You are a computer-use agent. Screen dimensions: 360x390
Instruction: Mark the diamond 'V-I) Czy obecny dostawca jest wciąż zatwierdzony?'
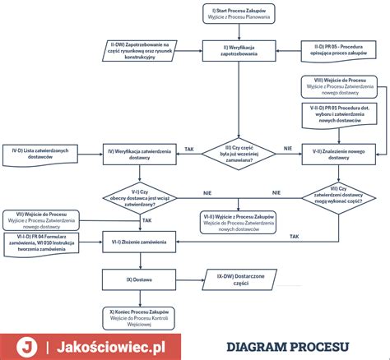[139, 197]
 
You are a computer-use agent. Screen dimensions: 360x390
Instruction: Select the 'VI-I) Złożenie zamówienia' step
[139, 242]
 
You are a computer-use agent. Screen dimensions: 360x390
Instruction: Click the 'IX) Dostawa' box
[139, 279]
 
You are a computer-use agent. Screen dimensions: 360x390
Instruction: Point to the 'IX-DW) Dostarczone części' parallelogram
[239, 279]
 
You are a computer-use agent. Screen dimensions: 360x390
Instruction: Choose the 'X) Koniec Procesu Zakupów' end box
[139, 316]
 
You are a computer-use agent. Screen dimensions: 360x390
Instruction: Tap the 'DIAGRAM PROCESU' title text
[288, 347]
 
